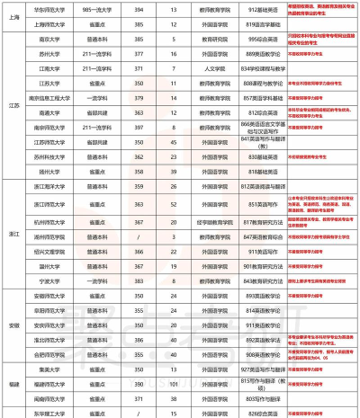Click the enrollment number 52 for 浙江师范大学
(x=173, y=205)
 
